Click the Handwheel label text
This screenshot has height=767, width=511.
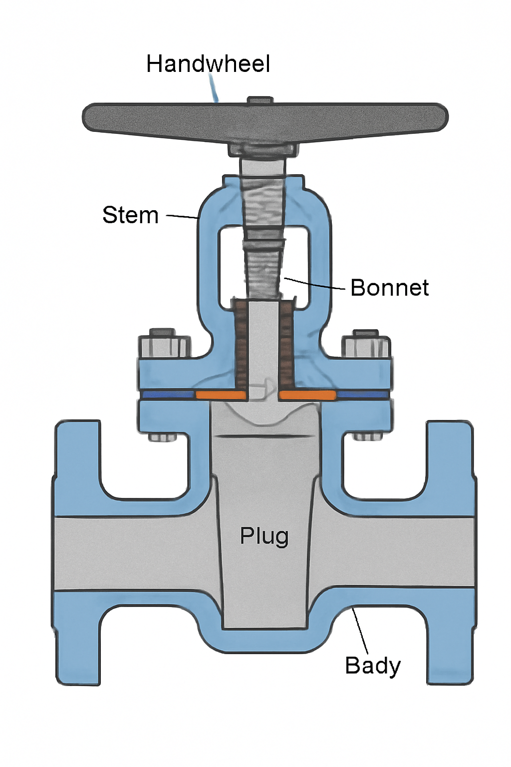pos(208,64)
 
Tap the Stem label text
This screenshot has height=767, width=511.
pos(130,215)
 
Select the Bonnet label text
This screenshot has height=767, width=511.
pos(389,288)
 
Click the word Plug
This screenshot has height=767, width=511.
pos(264,536)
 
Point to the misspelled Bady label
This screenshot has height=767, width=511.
pos(372,666)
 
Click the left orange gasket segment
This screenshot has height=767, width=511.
pos(221,395)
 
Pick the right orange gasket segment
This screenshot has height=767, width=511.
pos(307,395)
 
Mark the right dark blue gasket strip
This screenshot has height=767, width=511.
pos(363,394)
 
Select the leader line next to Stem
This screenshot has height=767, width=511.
pos(182,217)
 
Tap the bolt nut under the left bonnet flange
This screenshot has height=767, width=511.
pos(163,437)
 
